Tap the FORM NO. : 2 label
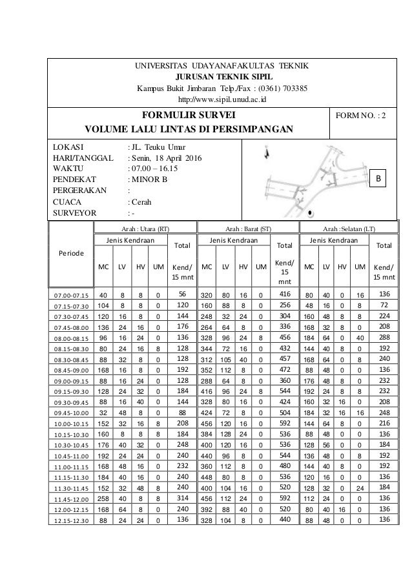click(364, 119)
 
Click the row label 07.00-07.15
click(71, 295)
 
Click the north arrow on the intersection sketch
click(269, 153)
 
